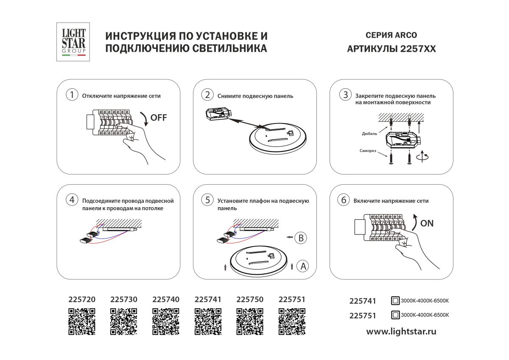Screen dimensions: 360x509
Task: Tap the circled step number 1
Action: coord(72,95)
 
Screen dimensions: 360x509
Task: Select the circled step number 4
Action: coord(72,200)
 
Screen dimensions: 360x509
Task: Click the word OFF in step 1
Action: coord(159,118)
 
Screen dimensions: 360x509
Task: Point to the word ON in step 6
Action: coord(427,223)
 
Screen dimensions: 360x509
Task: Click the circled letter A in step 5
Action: coord(302,266)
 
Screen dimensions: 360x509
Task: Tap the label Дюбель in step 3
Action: coord(370,133)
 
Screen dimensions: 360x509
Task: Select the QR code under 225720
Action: coord(82,322)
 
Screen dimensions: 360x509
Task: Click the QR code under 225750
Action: coord(249,322)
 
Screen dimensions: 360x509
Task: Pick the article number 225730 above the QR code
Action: coord(123,299)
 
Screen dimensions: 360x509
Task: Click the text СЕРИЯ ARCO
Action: coord(391,35)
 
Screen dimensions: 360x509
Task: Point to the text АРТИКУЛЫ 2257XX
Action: coord(391,49)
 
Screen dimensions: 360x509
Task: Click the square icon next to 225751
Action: coord(395,315)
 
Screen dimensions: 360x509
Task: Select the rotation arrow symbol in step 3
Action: coord(423,157)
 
